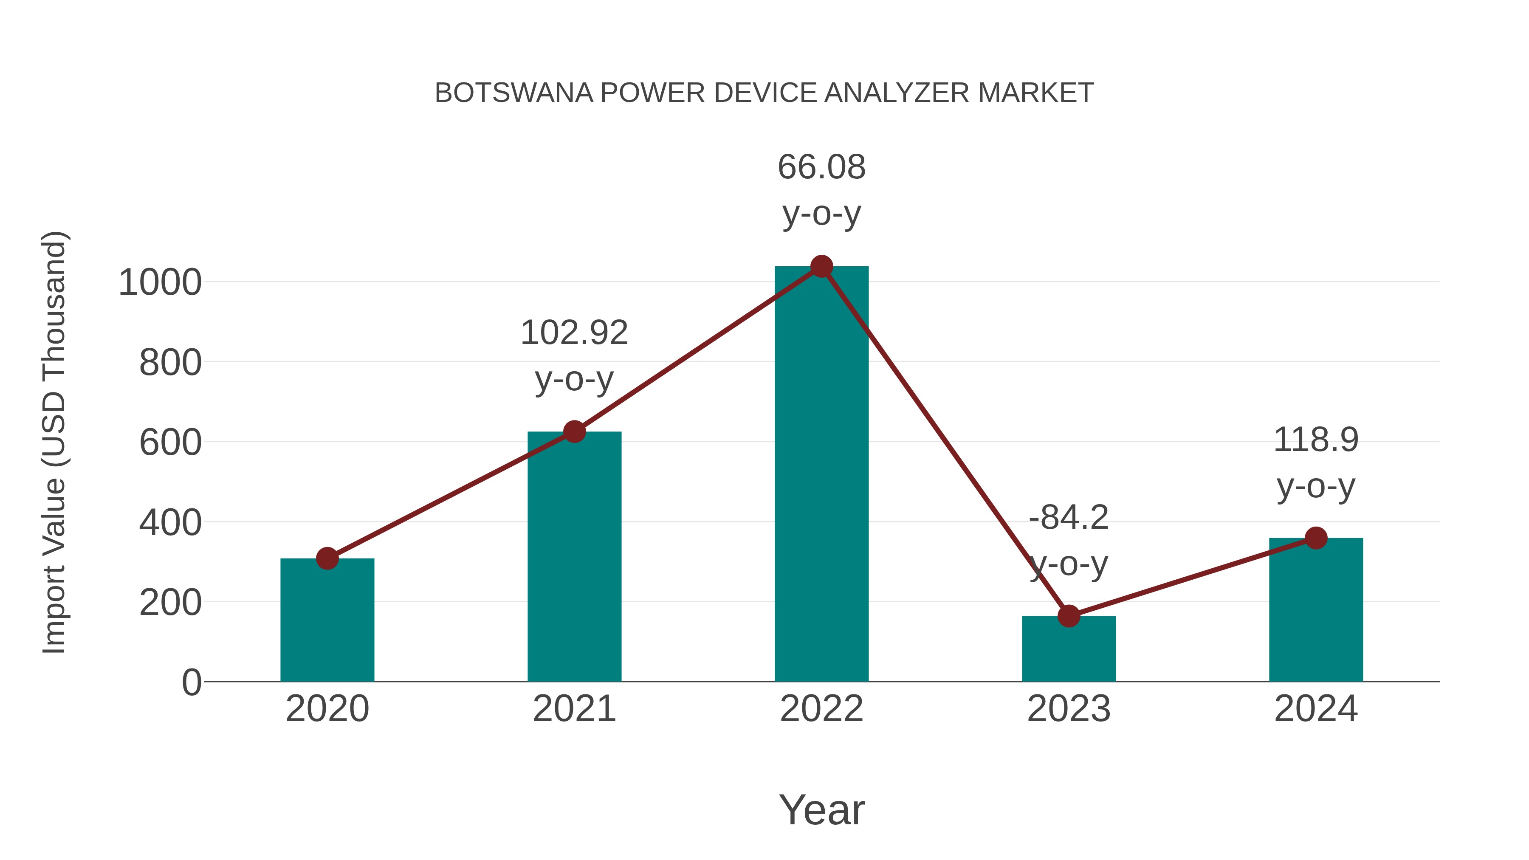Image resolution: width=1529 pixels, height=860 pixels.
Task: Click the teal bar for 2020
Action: tap(327, 620)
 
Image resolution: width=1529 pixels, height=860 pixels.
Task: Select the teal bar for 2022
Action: tap(821, 475)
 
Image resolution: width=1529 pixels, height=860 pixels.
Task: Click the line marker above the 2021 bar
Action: tap(574, 431)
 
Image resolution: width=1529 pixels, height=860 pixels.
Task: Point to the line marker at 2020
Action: tap(327, 558)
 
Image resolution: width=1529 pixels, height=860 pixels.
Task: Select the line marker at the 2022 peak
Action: tap(821, 266)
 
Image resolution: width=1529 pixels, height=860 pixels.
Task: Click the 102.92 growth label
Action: tap(574, 333)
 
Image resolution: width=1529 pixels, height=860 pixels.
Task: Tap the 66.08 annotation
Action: tap(821, 167)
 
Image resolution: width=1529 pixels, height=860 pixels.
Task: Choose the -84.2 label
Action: tap(1069, 518)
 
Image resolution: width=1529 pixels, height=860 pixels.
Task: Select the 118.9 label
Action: tap(1316, 440)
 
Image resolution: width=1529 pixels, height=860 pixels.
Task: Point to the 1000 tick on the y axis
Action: tap(160, 282)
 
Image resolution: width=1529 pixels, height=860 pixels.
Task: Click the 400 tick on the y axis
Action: tap(170, 523)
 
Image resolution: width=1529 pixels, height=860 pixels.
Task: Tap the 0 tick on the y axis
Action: tap(191, 682)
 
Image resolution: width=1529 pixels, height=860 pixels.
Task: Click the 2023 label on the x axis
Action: tap(1069, 709)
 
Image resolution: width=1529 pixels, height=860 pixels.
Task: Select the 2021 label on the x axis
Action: tap(574, 709)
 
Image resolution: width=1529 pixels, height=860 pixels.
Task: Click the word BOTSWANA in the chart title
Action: tap(513, 93)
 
